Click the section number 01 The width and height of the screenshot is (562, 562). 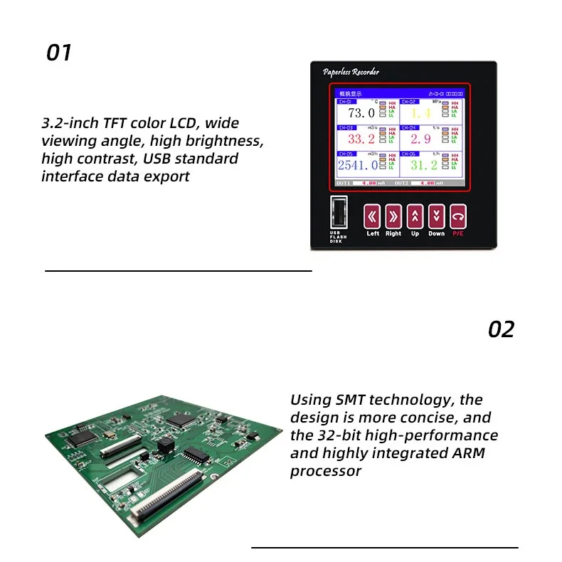tap(59, 53)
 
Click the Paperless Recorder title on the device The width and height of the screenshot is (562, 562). tap(351, 72)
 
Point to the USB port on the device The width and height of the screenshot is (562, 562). tap(339, 213)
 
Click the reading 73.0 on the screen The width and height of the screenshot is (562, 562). tap(361, 113)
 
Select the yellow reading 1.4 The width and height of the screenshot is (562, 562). tap(420, 114)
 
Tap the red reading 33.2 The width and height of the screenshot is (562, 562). tap(361, 139)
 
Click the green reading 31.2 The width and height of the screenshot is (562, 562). tap(423, 165)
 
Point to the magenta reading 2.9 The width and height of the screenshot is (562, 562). tap(420, 139)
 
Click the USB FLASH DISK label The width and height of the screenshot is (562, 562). tap(338, 237)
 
